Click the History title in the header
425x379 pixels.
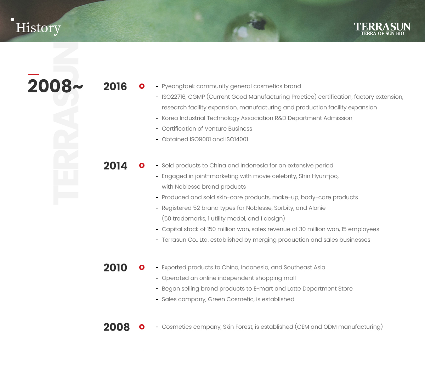pyautogui.click(x=38, y=28)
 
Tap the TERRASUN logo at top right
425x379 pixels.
pyautogui.click(x=382, y=29)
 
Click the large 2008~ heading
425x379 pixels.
pyautogui.click(x=56, y=86)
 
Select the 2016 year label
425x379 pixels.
pyautogui.click(x=115, y=86)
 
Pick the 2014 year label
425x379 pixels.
pyautogui.click(x=115, y=166)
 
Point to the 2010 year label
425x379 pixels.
pyautogui.click(x=115, y=268)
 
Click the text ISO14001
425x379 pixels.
pyautogui.click(x=237, y=139)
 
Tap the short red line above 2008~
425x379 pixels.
pyautogui.click(x=34, y=74)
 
